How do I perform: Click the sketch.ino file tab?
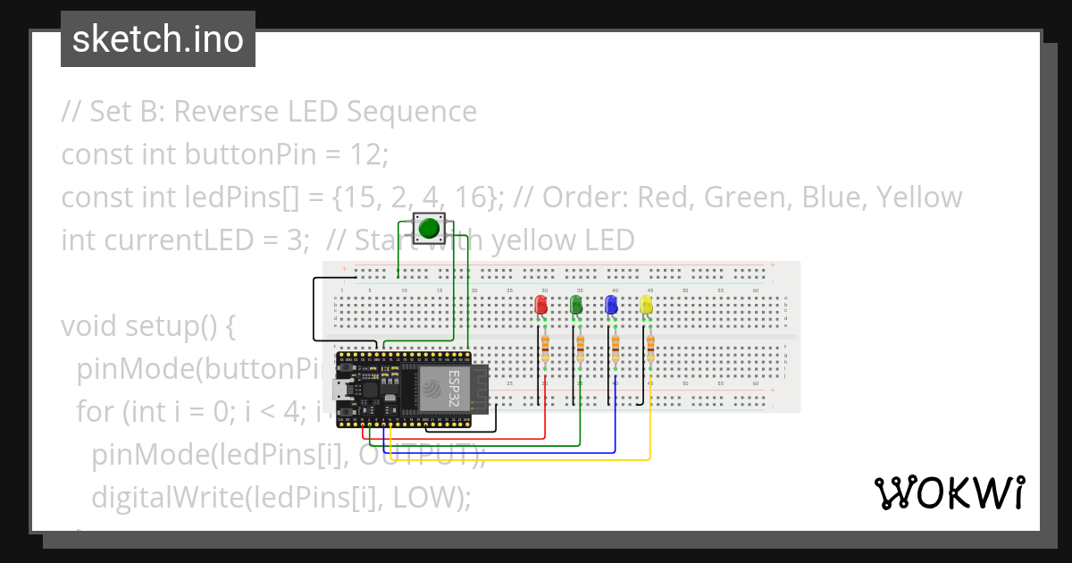pyautogui.click(x=158, y=39)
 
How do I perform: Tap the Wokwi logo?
pyautogui.click(x=949, y=492)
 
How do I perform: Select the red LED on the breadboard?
pyautogui.click(x=541, y=306)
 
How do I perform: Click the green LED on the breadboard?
pyautogui.click(x=576, y=306)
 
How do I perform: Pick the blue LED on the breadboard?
pyautogui.click(x=611, y=306)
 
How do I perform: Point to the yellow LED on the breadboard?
pyautogui.click(x=646, y=306)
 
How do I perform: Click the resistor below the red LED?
pyautogui.click(x=545, y=347)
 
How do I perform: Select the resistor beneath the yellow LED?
pyautogui.click(x=650, y=347)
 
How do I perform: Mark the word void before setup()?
pyautogui.click(x=90, y=326)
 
